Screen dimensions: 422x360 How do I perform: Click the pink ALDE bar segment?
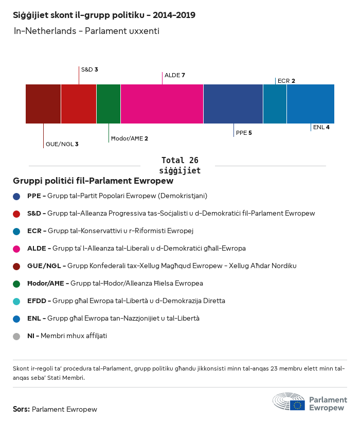point(162,104)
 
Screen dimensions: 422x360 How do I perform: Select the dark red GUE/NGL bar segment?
point(43,104)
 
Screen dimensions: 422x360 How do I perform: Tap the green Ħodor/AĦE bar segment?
point(109,104)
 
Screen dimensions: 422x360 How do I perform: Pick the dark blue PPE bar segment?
point(233,104)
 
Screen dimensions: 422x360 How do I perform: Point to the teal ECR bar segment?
point(275,104)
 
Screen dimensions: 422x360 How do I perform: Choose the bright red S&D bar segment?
point(79,104)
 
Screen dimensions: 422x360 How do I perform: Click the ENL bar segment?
point(311,104)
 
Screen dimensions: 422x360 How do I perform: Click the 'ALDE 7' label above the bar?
point(174,75)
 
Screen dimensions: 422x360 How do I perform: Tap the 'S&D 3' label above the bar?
point(89,69)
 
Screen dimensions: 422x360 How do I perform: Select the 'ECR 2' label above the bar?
point(286,81)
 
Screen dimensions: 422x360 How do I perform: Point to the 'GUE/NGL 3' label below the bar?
point(62,144)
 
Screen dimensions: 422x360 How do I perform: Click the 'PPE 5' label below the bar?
point(244,133)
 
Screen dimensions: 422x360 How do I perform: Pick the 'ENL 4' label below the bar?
point(321,127)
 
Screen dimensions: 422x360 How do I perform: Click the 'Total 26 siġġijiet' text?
point(179,165)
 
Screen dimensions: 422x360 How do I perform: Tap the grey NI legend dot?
point(17,336)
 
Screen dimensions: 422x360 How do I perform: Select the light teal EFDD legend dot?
point(17,301)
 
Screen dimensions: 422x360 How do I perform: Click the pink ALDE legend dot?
point(17,249)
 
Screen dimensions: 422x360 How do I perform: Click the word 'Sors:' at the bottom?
point(21,410)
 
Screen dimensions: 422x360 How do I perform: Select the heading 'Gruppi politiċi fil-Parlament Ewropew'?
point(93,181)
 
